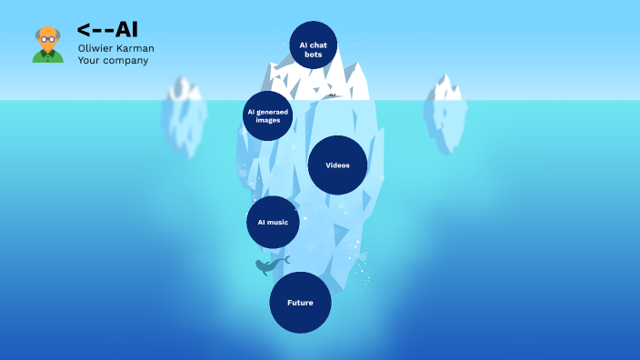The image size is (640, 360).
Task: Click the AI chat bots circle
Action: pyautogui.click(x=313, y=45)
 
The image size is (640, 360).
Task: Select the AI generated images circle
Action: pyautogui.click(x=268, y=115)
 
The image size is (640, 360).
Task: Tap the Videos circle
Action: pyautogui.click(x=337, y=165)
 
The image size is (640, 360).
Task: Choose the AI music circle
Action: pyautogui.click(x=273, y=222)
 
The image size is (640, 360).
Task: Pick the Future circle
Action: pyautogui.click(x=300, y=302)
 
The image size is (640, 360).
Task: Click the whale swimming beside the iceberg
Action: pyautogui.click(x=268, y=265)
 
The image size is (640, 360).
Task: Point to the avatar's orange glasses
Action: pyautogui.click(x=47, y=40)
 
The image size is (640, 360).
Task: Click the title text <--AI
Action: pyautogui.click(x=107, y=29)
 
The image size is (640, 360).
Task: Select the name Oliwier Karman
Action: pyautogui.click(x=115, y=48)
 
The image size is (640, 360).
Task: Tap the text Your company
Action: pyautogui.click(x=113, y=61)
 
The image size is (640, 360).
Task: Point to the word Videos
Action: pyautogui.click(x=337, y=165)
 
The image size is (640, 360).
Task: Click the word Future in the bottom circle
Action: pyautogui.click(x=300, y=302)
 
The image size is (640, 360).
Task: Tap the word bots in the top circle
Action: pyautogui.click(x=313, y=55)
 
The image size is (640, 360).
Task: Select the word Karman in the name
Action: pyautogui.click(x=134, y=48)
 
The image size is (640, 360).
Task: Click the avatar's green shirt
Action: pyautogui.click(x=47, y=57)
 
